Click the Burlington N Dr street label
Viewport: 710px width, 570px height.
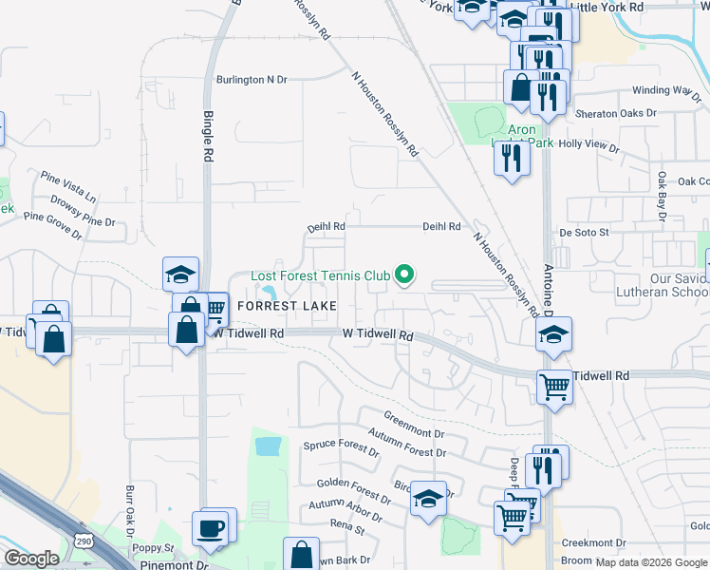251,80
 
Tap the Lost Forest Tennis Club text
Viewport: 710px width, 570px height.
320,276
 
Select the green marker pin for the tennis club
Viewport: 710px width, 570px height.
404,275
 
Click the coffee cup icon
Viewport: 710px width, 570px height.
210,527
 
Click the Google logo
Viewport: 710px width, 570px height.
31,559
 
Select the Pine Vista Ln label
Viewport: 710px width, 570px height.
67,184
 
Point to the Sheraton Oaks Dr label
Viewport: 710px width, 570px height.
618,113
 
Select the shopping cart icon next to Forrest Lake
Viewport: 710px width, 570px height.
214,308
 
